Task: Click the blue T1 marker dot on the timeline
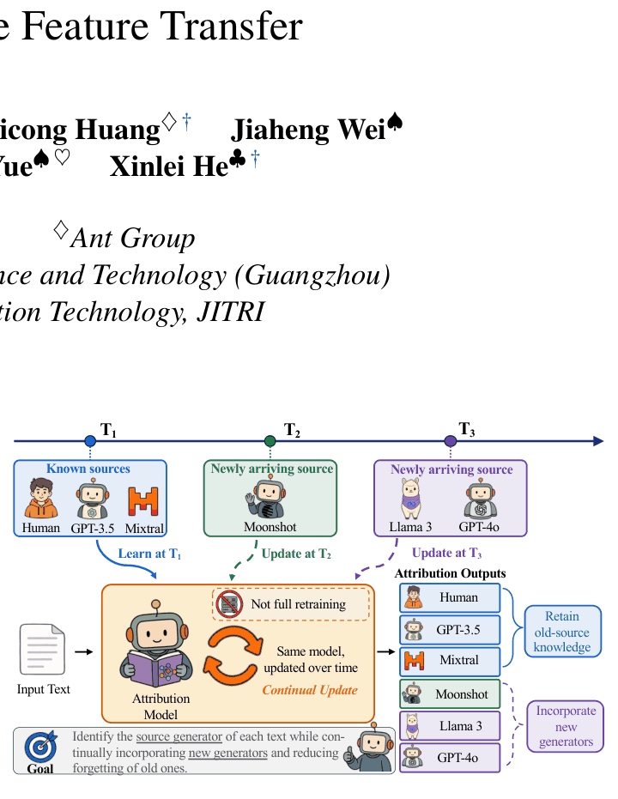pyautogui.click(x=90, y=441)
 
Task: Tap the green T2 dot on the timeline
pyautogui.click(x=270, y=441)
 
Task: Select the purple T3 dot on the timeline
pyautogui.click(x=451, y=441)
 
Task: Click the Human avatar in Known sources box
pyautogui.click(x=40, y=499)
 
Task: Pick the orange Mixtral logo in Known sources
pyautogui.click(x=143, y=501)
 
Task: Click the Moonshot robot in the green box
pyautogui.click(x=268, y=499)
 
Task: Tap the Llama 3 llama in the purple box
pyautogui.click(x=410, y=499)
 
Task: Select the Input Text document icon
pyautogui.click(x=42, y=650)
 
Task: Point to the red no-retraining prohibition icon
pyautogui.click(x=229, y=604)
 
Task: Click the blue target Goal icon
pyautogui.click(x=41, y=747)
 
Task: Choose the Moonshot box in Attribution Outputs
pyautogui.click(x=450, y=694)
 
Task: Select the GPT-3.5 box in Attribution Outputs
pyautogui.click(x=450, y=630)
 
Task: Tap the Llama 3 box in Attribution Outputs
pyautogui.click(x=450, y=726)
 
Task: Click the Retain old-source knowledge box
pyautogui.click(x=563, y=632)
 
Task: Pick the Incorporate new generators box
pyautogui.click(x=566, y=726)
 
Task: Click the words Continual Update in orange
pyautogui.click(x=310, y=690)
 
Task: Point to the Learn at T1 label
pyautogui.click(x=149, y=554)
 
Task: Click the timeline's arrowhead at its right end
pyautogui.click(x=598, y=441)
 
